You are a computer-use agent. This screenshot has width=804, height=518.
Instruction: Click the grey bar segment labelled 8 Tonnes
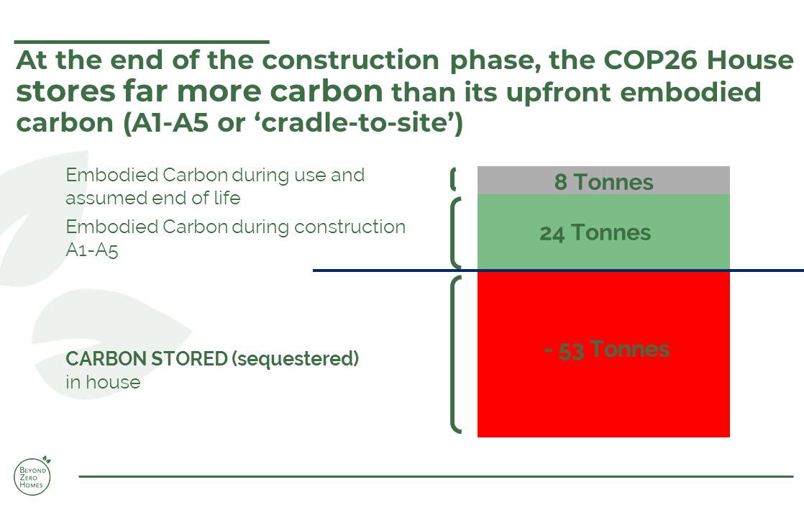[603, 180]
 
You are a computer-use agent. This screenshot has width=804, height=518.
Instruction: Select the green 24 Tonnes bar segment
[603, 232]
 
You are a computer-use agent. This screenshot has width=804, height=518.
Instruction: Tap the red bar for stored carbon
[603, 355]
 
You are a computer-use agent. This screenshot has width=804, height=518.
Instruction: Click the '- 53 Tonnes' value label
[606, 350]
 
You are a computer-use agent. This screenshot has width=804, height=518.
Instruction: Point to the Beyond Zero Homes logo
[32, 476]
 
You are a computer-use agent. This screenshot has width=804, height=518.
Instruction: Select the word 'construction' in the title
[351, 60]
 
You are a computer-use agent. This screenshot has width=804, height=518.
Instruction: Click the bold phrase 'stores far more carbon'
[199, 91]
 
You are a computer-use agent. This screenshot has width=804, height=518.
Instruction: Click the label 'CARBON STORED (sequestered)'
[212, 358]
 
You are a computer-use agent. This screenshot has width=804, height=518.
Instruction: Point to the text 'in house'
[103, 382]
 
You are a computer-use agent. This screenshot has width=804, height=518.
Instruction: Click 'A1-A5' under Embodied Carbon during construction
[92, 250]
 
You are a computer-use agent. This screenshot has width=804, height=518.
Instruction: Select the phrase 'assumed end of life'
[152, 198]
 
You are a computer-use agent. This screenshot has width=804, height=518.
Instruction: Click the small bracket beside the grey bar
[453, 179]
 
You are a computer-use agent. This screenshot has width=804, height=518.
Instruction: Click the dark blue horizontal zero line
[558, 271]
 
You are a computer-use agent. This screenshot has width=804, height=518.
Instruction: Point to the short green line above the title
[142, 42]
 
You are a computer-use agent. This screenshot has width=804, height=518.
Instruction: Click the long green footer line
[436, 476]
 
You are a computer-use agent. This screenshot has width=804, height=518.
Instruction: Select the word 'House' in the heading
[750, 60]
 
